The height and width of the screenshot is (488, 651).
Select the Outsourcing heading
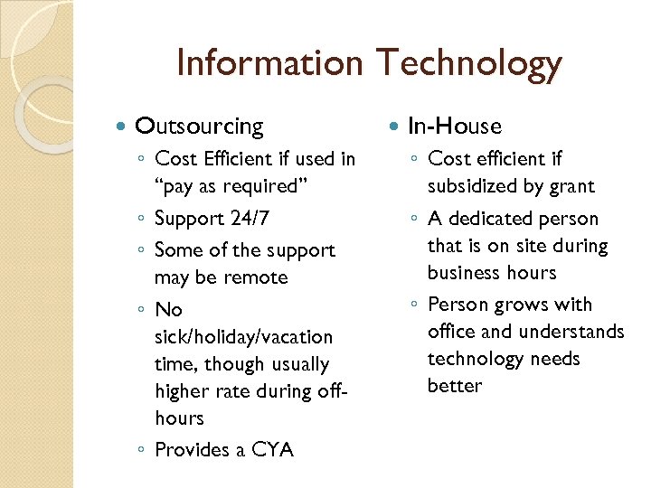(199, 127)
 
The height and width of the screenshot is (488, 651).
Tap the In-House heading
(455, 127)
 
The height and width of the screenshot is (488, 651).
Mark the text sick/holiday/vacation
(244, 337)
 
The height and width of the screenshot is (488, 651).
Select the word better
(455, 386)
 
